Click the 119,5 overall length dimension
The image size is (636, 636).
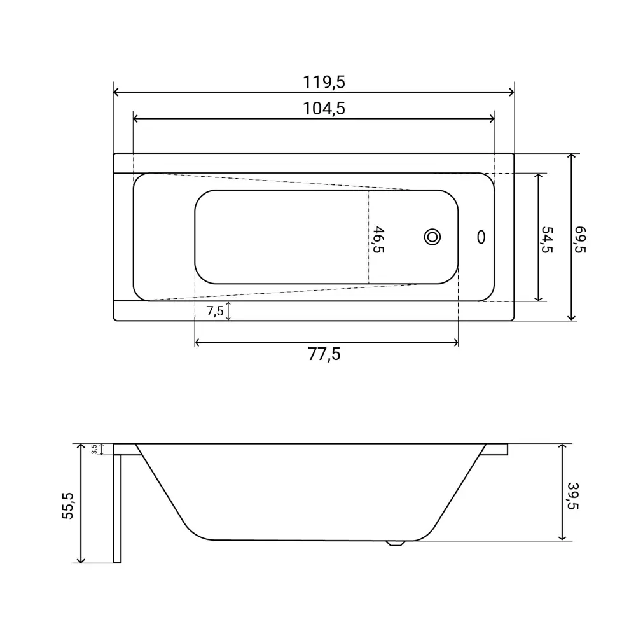click(x=324, y=82)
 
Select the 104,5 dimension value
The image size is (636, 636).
click(x=324, y=109)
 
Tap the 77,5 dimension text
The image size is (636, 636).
click(x=324, y=354)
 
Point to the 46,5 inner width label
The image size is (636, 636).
click(x=378, y=240)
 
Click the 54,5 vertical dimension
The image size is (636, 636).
click(x=547, y=240)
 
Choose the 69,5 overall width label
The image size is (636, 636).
click(x=580, y=240)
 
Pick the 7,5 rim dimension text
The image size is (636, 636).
click(x=214, y=311)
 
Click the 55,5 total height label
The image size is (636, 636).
click(x=68, y=506)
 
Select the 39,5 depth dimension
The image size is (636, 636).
click(x=572, y=496)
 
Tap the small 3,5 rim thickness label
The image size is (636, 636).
click(x=94, y=449)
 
